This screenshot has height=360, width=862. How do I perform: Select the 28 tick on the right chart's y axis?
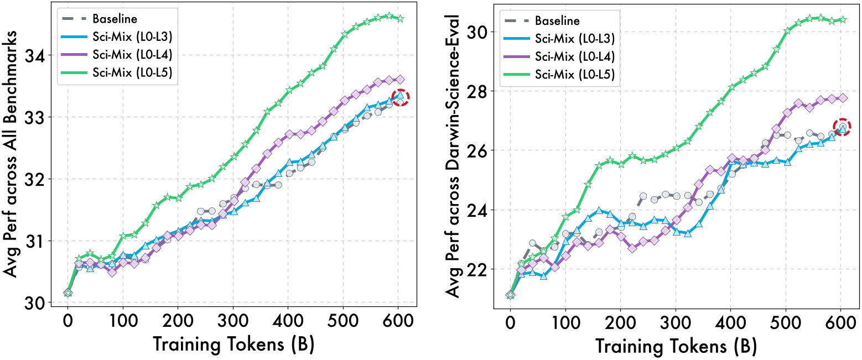[482, 91]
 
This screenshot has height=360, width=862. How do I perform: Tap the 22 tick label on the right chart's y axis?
[482, 269]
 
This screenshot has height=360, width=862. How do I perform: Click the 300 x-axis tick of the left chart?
[233, 321]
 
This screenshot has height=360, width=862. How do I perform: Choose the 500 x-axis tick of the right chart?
[786, 321]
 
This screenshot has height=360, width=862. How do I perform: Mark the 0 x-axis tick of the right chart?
[510, 321]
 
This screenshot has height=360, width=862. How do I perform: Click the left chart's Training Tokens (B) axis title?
[233, 344]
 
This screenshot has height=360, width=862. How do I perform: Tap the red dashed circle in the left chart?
[400, 97]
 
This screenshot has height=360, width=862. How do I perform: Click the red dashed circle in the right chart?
[842, 127]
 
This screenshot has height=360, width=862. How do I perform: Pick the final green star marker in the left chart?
[400, 19]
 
